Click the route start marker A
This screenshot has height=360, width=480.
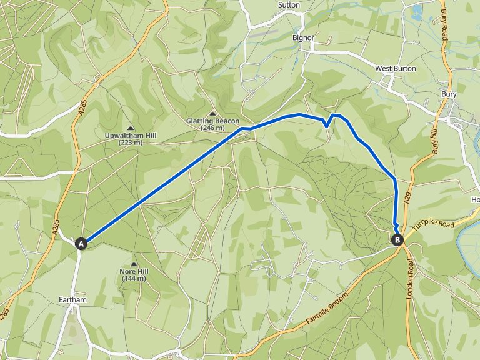tap(81, 244)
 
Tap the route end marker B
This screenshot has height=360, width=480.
tap(397, 239)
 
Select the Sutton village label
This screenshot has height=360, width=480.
tap(289, 5)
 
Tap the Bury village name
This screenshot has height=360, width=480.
tap(449, 94)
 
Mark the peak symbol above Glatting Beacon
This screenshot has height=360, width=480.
tap(212, 113)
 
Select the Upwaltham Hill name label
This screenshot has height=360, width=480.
tap(130, 136)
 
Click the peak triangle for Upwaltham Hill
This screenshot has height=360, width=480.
tap(130, 128)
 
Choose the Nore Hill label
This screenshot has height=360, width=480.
tap(133, 271)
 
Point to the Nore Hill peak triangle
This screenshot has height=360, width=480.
tap(134, 264)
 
